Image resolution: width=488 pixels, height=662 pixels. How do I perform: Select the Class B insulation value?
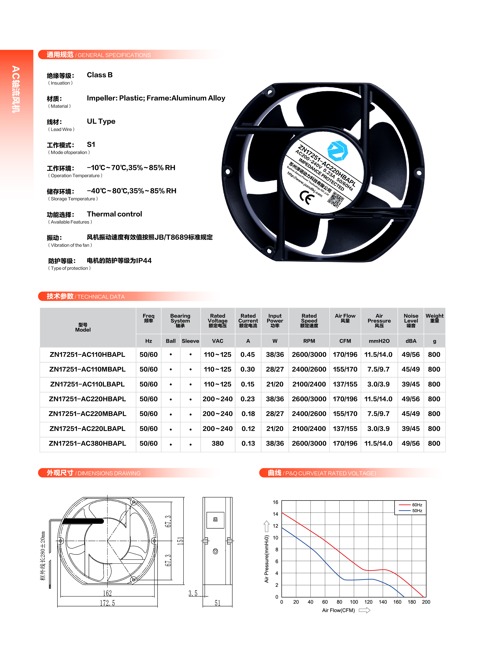click(x=100, y=75)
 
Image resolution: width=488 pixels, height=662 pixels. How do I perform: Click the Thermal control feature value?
click(x=114, y=214)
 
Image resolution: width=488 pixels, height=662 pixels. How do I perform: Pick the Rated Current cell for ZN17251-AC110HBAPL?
click(x=248, y=355)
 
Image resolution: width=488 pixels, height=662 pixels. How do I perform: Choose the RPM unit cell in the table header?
click(x=309, y=341)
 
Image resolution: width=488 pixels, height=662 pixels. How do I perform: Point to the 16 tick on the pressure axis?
click(x=275, y=502)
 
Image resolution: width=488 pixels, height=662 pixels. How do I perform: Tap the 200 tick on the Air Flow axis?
click(x=426, y=602)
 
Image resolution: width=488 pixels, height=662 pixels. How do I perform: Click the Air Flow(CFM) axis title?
click(x=338, y=610)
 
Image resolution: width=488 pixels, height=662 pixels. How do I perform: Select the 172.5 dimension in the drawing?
click(x=107, y=603)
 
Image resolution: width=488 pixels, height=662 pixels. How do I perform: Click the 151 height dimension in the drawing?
click(x=180, y=541)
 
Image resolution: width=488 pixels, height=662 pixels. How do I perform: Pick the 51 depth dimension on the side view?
click(x=217, y=603)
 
